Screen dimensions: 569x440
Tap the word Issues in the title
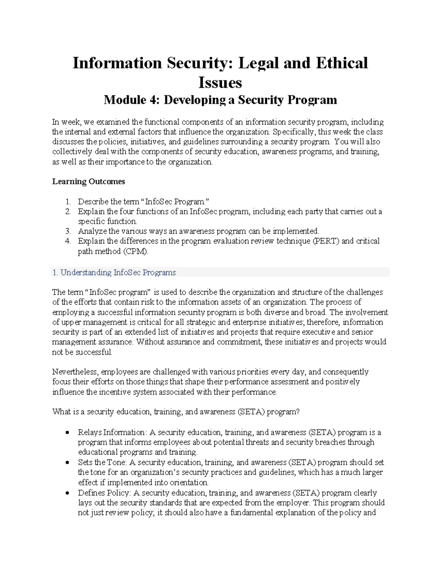coord(220,82)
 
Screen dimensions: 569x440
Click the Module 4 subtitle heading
coord(220,100)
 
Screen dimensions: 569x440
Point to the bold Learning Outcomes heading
coord(88,182)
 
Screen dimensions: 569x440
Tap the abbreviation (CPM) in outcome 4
coord(136,251)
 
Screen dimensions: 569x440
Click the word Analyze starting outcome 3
coord(92,231)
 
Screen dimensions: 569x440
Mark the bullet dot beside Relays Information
coord(67,433)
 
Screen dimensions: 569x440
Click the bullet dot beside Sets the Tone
coord(67,463)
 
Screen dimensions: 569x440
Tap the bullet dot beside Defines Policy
coord(67,493)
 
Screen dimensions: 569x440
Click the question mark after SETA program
coord(298,412)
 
